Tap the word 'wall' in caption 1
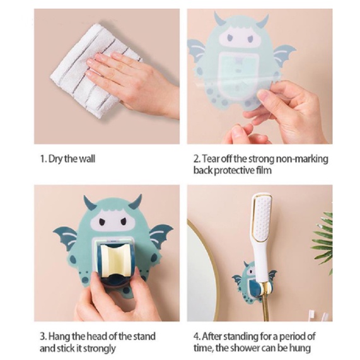[x=87, y=159]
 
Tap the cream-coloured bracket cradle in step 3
[x=115, y=260]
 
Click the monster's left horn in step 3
[x=89, y=202]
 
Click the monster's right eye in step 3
[x=124, y=221]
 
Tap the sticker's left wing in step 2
[x=195, y=51]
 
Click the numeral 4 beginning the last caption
[x=196, y=337]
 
